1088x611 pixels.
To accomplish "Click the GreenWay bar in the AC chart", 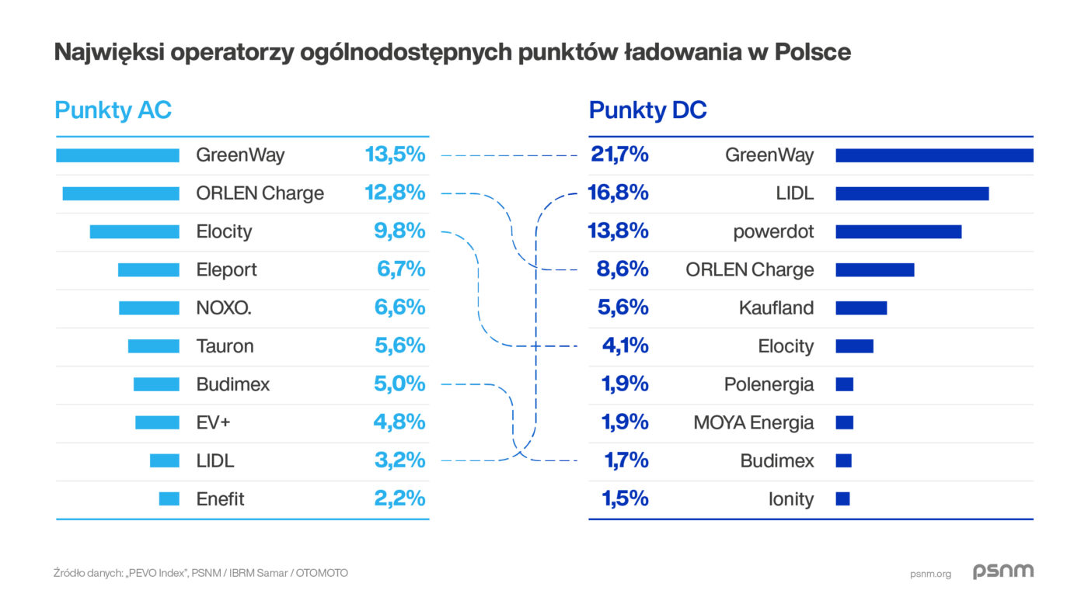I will point(117,155).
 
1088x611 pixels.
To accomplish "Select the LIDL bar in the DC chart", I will point(912,193).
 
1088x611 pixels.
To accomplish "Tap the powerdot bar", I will point(898,231).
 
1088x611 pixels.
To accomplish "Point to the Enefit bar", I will point(169,498).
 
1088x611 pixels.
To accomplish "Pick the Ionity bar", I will point(842,498).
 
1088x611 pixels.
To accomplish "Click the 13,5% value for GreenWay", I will point(396,154).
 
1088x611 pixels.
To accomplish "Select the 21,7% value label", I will point(619,154).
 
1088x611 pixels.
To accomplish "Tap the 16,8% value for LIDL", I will point(619,193).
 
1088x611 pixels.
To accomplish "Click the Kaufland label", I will point(776,308).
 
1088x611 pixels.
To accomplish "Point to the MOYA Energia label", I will point(753,423).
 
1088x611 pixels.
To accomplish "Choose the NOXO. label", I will point(224,308).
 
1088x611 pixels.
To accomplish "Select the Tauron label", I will point(225,346).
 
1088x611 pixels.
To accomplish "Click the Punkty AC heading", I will point(113,110).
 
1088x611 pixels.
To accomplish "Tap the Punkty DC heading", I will point(647,110).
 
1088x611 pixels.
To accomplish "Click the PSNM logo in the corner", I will point(1003,572).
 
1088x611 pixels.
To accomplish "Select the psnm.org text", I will point(930,575).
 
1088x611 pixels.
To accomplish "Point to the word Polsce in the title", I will point(814,52).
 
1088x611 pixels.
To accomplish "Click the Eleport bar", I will point(148,270).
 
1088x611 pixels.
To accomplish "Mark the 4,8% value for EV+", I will point(399,422).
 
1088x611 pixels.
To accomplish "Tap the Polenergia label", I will point(769,384).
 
